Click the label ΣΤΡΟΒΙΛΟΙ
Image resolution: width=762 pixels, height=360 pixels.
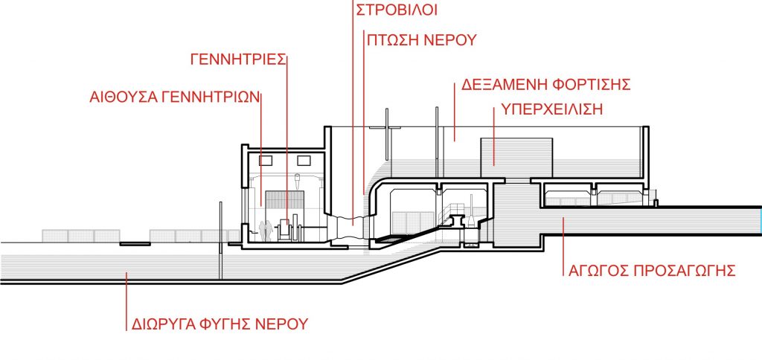point(397,10)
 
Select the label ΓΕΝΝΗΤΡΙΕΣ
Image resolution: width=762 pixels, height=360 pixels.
point(237,60)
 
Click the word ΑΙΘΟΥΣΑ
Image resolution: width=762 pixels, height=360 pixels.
point(123,97)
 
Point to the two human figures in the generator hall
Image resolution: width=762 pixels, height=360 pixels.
point(263,231)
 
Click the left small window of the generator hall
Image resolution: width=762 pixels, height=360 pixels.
point(266,161)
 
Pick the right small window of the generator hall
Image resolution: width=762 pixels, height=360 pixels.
point(304,161)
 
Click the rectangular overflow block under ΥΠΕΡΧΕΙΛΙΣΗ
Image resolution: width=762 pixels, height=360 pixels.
point(516,158)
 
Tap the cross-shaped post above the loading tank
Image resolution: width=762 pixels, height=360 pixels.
point(386,135)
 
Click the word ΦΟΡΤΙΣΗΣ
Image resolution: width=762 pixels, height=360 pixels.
point(592,85)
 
